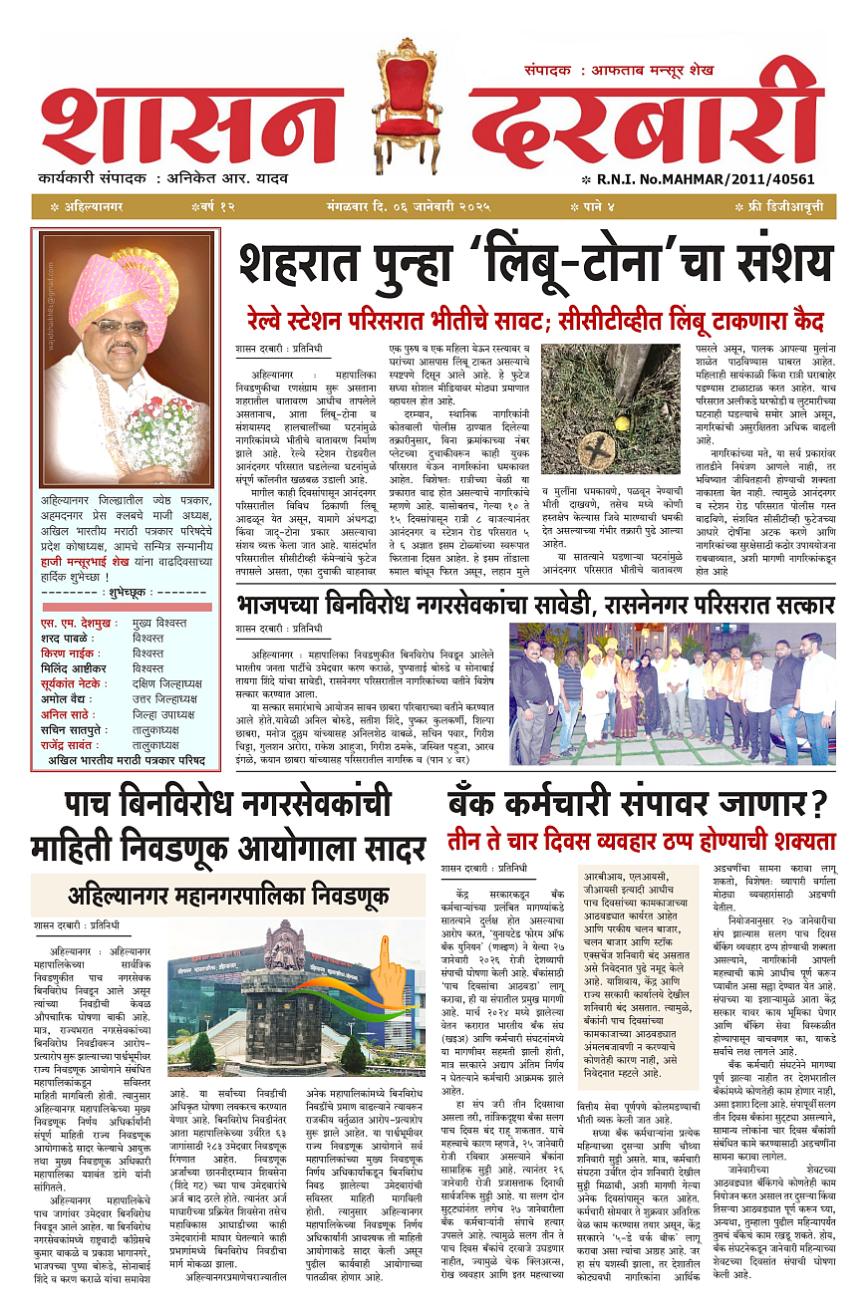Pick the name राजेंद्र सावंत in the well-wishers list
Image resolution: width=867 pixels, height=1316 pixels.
(84, 743)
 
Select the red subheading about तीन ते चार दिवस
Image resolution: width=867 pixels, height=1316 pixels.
(642, 841)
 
